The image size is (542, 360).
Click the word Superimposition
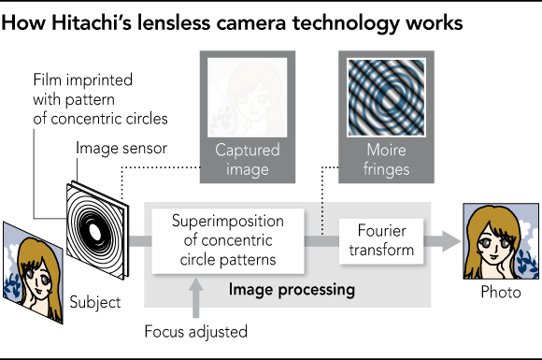tap(229, 222)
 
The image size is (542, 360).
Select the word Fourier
tap(379, 231)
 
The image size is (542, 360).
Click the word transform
tap(379, 250)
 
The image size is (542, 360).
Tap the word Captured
tap(248, 151)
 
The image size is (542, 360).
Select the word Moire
tap(386, 151)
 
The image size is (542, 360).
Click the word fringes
tap(386, 169)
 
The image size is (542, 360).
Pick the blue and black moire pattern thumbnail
tap(386, 98)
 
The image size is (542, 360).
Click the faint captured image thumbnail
tap(248, 98)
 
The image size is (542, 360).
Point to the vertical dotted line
tap(322, 216)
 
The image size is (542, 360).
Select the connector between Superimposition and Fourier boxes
tap(322, 241)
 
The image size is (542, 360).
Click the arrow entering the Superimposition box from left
tap(138, 241)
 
